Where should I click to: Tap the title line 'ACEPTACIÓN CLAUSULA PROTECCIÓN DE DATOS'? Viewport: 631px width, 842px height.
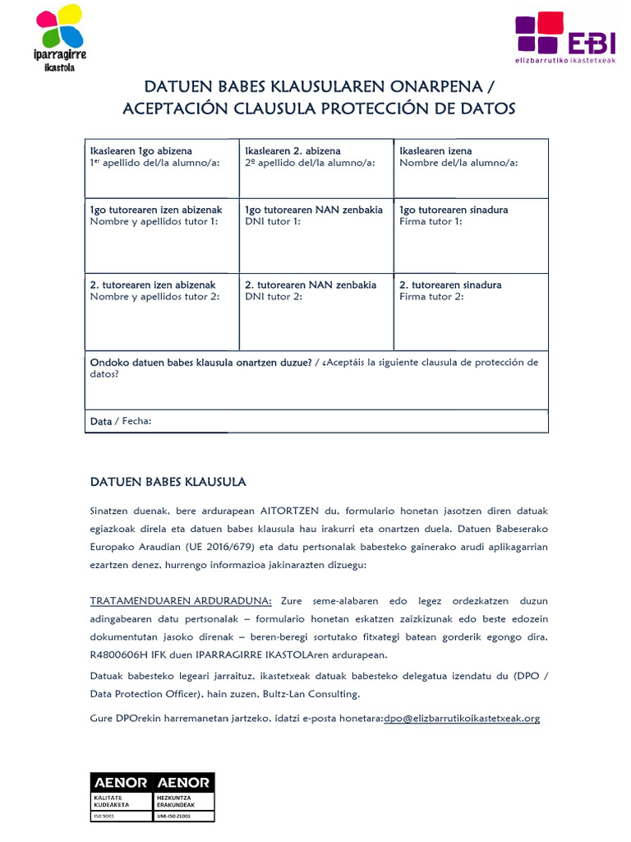pos(319,109)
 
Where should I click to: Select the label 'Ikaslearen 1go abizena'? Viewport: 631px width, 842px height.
pos(140,151)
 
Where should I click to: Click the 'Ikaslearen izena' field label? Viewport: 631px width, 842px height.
pos(435,151)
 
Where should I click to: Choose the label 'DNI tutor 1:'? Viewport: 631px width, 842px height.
pos(273,221)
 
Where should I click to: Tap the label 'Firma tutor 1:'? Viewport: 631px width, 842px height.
pos(431,221)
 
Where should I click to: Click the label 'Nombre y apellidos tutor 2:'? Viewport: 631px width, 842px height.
pos(154,297)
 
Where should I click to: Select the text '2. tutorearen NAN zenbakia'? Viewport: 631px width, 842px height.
pos(311,285)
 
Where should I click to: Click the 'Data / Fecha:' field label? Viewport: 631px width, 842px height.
pos(121,421)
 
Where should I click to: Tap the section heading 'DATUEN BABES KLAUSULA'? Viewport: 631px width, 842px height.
pos(168,481)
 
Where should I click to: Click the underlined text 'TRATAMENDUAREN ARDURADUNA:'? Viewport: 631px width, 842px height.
pos(181,601)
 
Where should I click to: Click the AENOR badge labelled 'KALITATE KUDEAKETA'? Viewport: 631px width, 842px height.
pos(120,796)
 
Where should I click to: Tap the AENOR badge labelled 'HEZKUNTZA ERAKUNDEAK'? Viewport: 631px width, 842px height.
pos(182,796)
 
